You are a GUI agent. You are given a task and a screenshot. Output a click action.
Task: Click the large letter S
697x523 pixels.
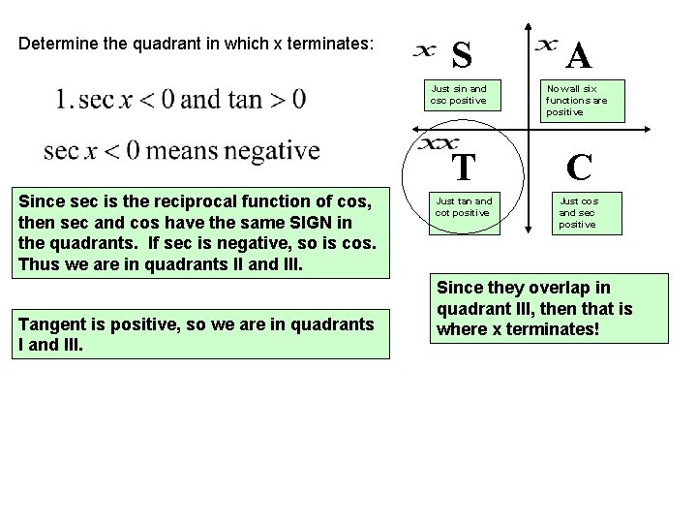point(464,56)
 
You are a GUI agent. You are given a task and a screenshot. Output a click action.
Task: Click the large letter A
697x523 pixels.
point(579,56)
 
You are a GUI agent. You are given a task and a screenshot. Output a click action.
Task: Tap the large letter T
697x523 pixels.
point(465,168)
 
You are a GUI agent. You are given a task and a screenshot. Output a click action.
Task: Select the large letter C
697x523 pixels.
point(580,167)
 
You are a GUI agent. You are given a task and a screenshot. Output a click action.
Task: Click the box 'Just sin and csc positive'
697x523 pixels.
point(459,94)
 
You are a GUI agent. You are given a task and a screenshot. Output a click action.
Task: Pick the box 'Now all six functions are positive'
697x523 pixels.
point(578,100)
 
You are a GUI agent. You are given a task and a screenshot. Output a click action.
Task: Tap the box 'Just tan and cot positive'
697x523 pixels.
point(464,206)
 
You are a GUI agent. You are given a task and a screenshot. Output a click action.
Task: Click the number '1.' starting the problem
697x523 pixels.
point(64,100)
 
